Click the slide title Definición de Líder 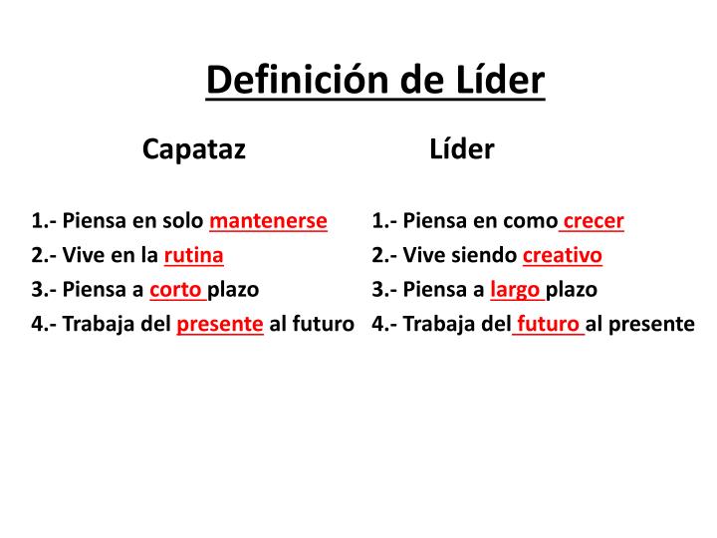[375, 79]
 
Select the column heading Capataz [194, 149]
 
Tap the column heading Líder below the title [462, 149]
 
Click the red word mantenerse [268, 221]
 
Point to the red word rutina [193, 256]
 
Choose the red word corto [175, 290]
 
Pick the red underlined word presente [220, 324]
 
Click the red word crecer [594, 221]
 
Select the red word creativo [563, 256]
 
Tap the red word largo [515, 290]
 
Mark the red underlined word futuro [549, 324]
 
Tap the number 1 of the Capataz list [36, 221]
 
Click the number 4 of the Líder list [377, 324]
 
